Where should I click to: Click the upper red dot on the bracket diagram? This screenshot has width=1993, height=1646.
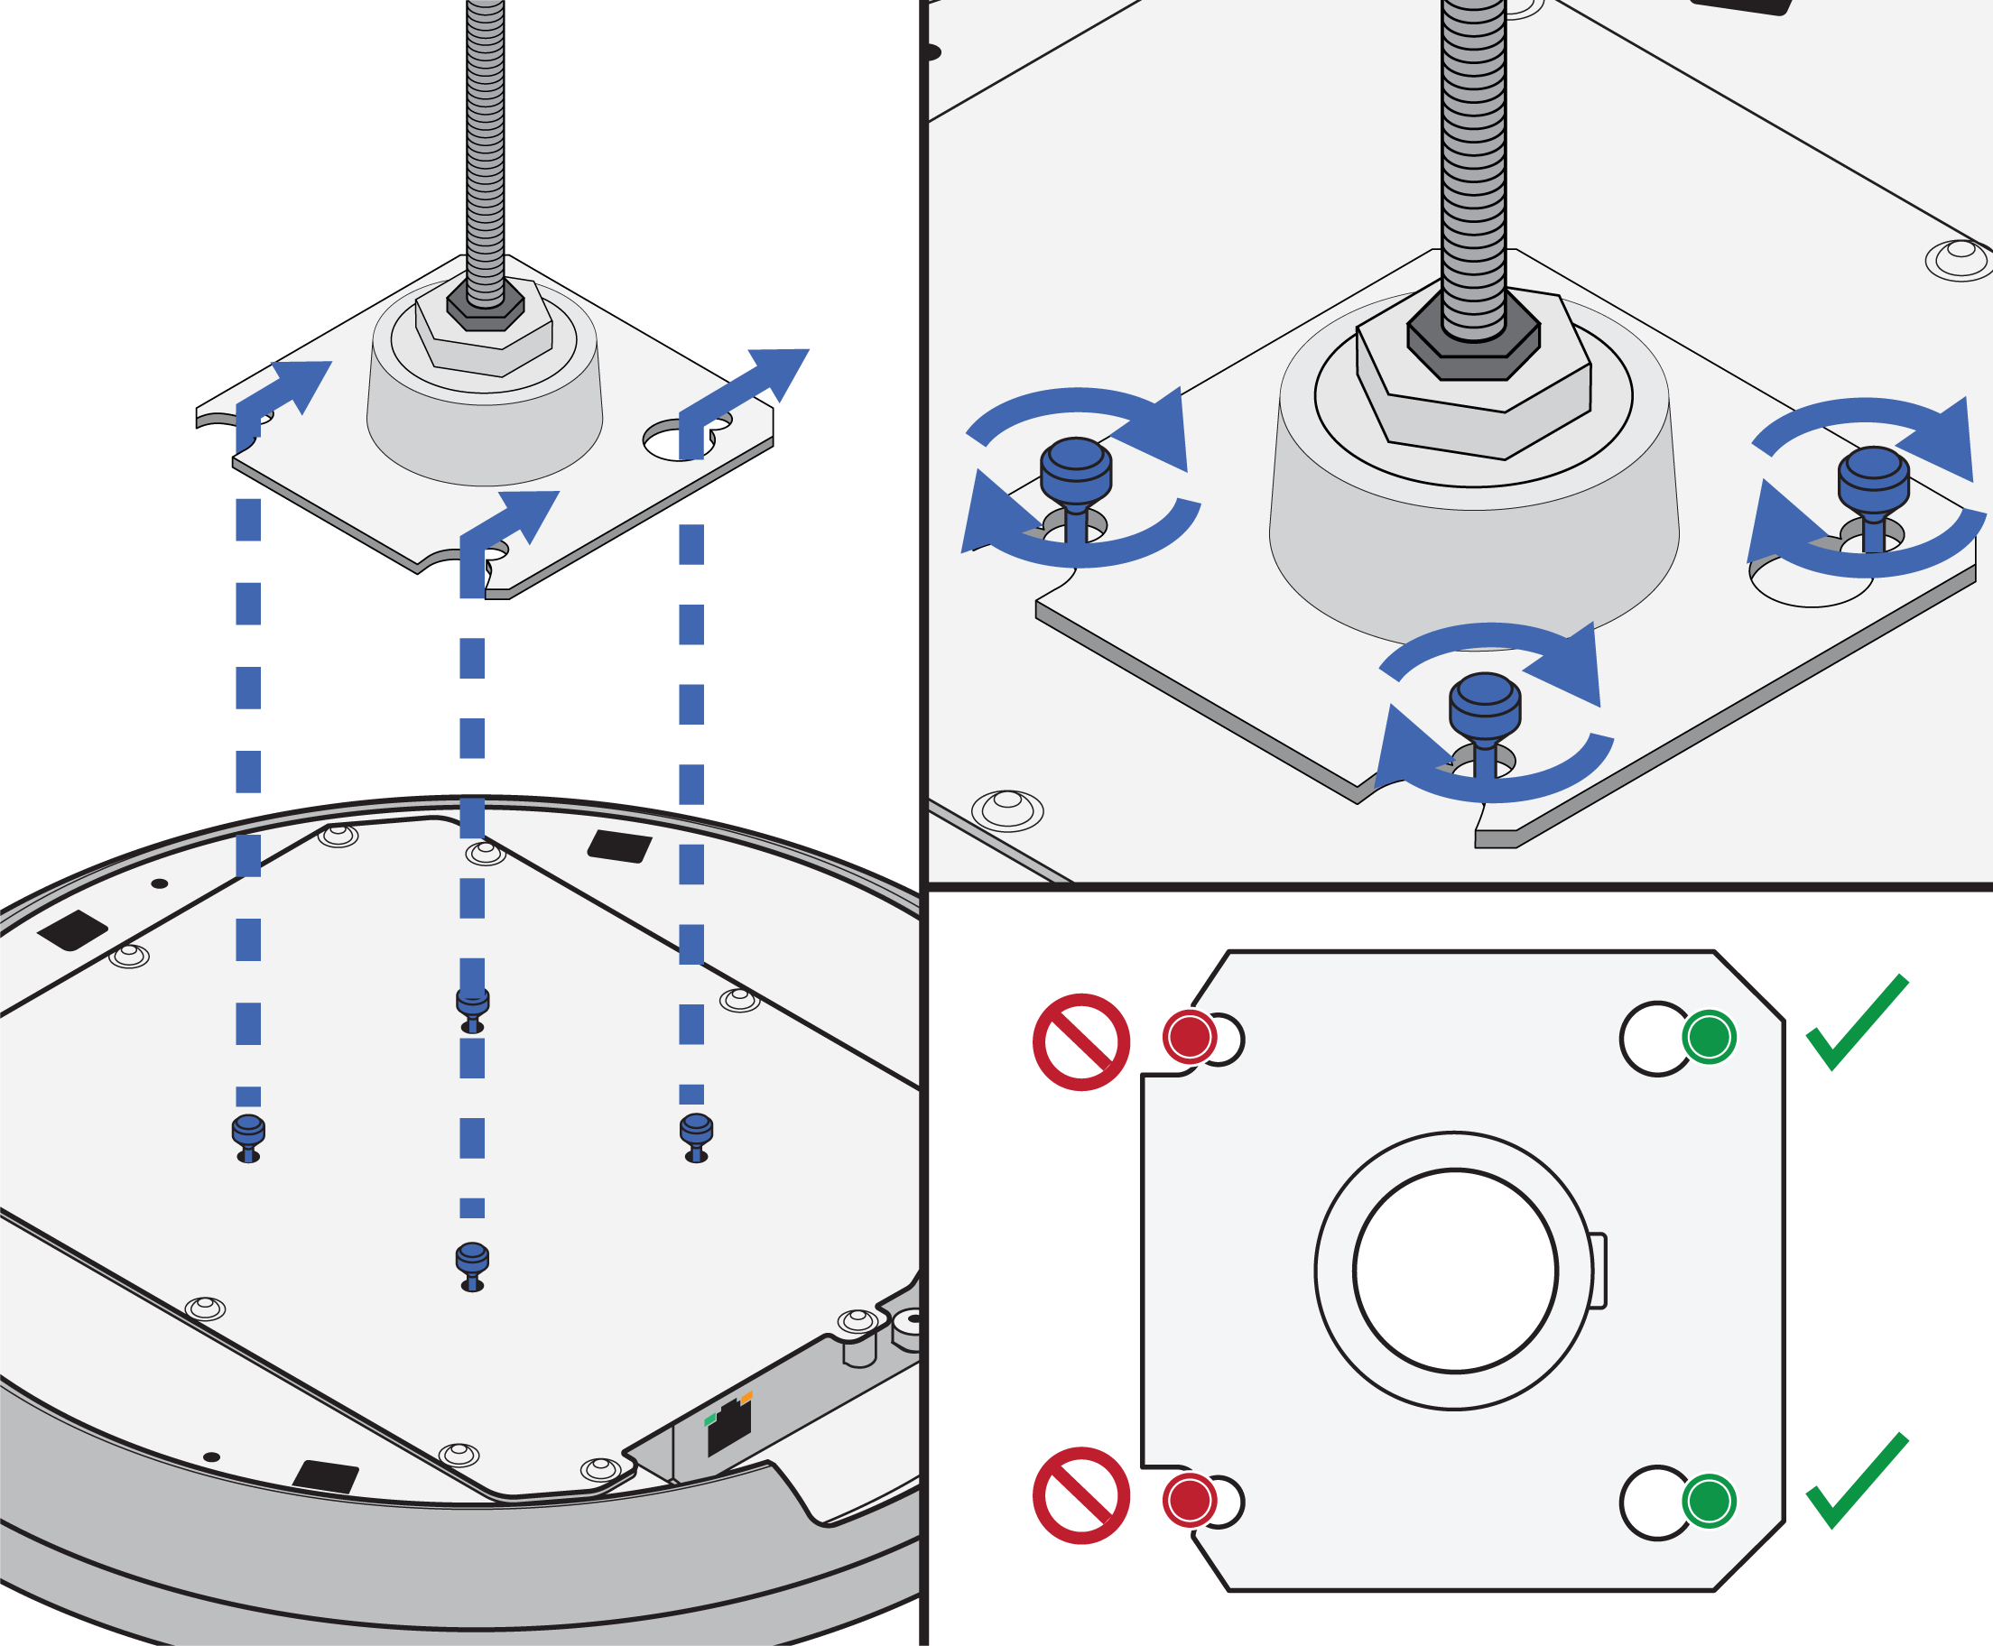(1189, 1037)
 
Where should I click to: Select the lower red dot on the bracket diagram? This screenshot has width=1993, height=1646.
(1189, 1501)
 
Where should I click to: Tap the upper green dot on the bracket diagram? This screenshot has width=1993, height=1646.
(1709, 1037)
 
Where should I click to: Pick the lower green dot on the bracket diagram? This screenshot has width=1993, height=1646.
(1709, 1501)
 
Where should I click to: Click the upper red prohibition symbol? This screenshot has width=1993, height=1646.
(1080, 1042)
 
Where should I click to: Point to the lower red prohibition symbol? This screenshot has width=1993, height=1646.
(1080, 1495)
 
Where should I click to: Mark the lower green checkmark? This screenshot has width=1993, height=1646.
(1857, 1482)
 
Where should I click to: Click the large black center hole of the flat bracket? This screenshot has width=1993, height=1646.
(1455, 1271)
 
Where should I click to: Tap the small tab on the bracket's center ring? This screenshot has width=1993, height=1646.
(1599, 1271)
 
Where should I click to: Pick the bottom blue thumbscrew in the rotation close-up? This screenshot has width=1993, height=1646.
(1485, 707)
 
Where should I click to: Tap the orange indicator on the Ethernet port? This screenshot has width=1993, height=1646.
(746, 1398)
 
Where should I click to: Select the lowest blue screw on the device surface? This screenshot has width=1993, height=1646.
(472, 1264)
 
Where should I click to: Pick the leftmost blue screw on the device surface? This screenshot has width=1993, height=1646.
(248, 1135)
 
